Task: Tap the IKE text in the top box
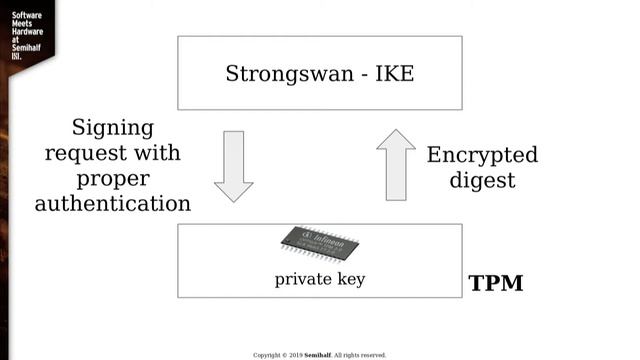coord(391,74)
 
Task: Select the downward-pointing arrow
coord(234,165)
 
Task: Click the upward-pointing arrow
coord(395,164)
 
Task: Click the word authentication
coord(113,204)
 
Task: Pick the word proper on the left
coord(112,180)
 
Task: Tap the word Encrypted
coord(482,155)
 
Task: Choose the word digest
coord(482,181)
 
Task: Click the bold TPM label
coord(496,283)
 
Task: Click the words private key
coord(320,280)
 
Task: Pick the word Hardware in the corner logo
coord(26,33)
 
